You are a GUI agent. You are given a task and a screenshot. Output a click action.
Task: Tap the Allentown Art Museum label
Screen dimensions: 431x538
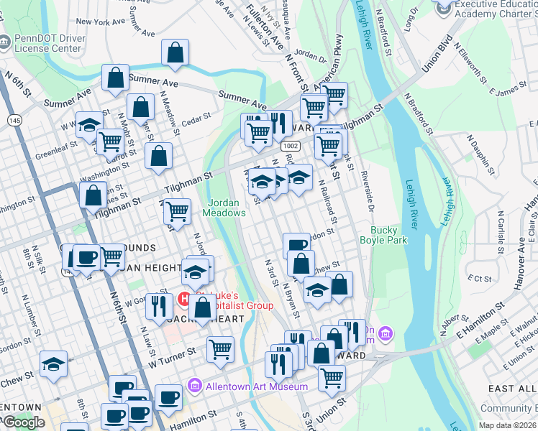[256, 386]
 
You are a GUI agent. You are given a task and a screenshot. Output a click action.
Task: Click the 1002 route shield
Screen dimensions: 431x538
[291, 146]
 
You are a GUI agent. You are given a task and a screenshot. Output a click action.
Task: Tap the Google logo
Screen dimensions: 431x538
[24, 422]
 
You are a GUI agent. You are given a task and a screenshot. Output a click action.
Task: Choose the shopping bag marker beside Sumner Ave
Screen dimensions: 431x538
[115, 80]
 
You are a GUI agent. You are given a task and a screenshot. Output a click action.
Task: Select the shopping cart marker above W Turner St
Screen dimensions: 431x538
[220, 349]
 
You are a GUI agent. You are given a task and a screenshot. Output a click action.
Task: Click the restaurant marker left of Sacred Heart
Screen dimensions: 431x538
[158, 305]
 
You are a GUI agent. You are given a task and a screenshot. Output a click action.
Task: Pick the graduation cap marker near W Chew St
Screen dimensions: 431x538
[53, 364]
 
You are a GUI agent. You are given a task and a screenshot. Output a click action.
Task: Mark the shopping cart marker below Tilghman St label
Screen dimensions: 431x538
[176, 211]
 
